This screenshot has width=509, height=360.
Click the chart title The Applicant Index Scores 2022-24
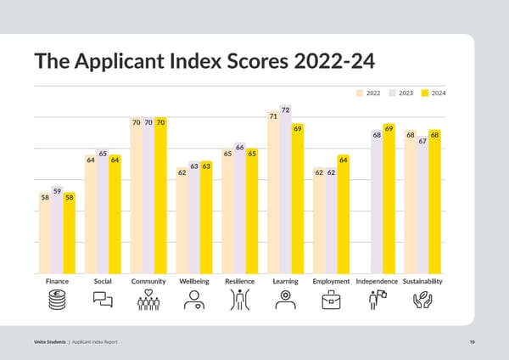(x=204, y=62)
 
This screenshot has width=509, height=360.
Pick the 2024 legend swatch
(x=426, y=93)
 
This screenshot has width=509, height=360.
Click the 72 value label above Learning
(x=285, y=110)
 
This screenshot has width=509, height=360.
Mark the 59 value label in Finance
(x=57, y=192)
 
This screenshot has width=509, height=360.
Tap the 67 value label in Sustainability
(x=422, y=141)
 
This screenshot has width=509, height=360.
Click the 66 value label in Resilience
(x=240, y=148)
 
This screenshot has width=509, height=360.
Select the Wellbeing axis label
(x=194, y=281)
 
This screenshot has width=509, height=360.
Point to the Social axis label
(x=103, y=281)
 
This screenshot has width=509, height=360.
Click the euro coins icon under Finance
(x=57, y=300)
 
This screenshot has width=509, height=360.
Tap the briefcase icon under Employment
(x=331, y=300)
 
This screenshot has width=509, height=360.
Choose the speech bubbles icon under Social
(x=103, y=300)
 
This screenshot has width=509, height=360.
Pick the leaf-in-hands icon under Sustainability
(x=422, y=300)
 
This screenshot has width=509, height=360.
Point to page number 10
(x=471, y=341)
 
